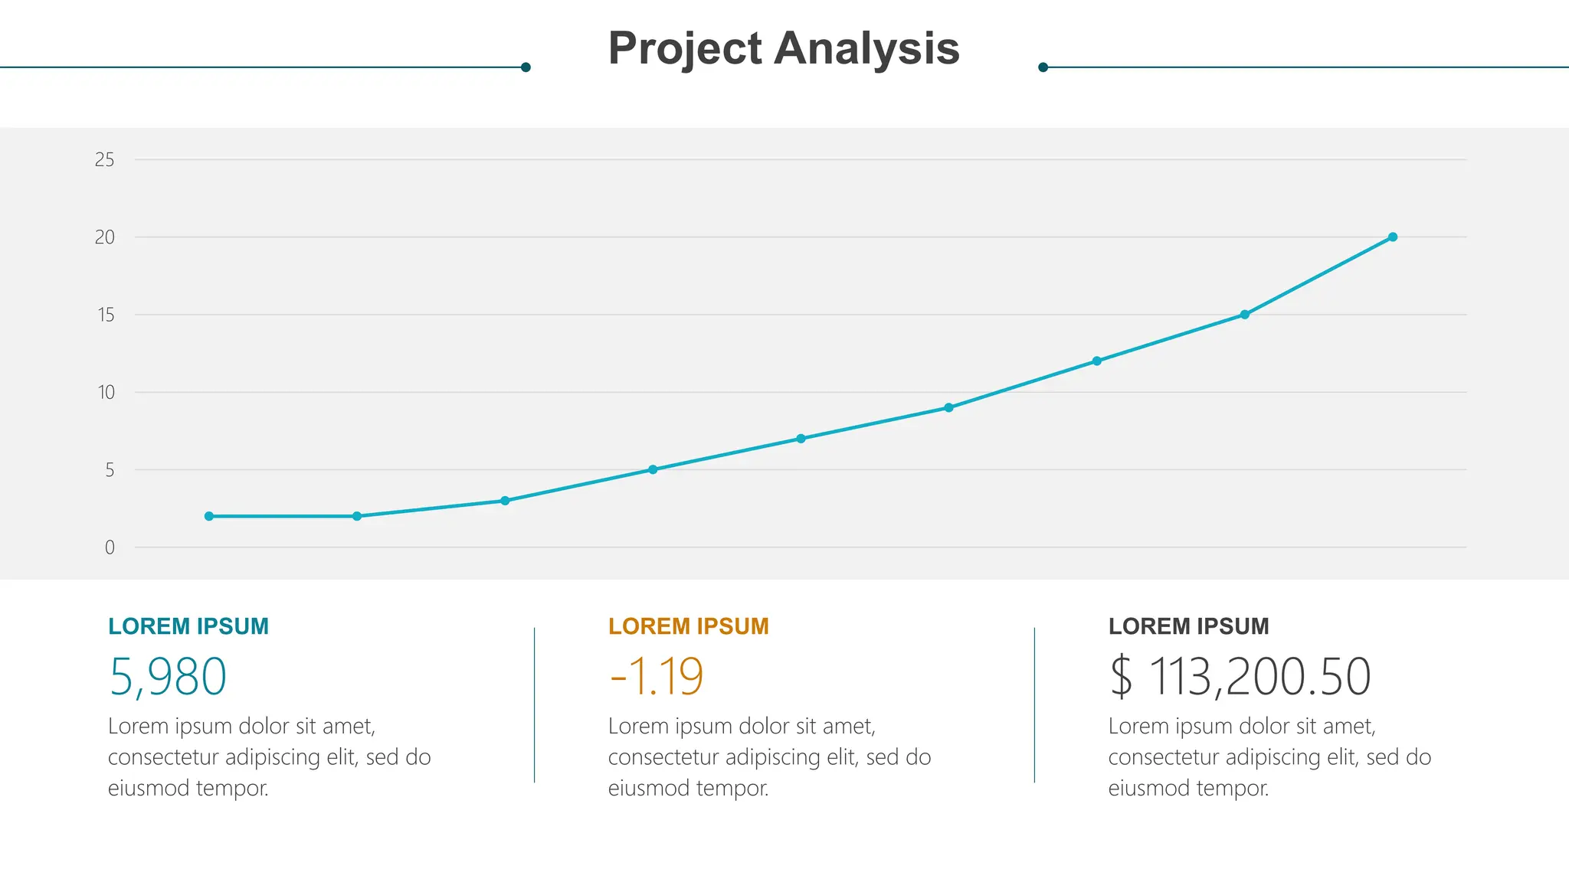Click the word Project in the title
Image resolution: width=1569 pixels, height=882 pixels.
pyautogui.click(x=685, y=49)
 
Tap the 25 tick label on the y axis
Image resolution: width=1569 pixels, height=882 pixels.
pyautogui.click(x=104, y=160)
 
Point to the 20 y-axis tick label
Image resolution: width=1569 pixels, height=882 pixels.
pyautogui.click(x=104, y=237)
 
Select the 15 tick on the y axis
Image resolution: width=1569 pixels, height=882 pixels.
pyautogui.click(x=106, y=315)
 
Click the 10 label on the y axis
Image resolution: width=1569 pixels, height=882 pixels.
pyautogui.click(x=106, y=393)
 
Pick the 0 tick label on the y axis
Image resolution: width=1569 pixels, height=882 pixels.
pyautogui.click(x=110, y=547)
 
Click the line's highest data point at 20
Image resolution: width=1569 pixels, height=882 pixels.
pyautogui.click(x=1393, y=237)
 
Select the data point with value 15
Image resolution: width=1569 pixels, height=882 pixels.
pyautogui.click(x=1244, y=315)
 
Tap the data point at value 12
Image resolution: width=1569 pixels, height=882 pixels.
pyautogui.click(x=1096, y=361)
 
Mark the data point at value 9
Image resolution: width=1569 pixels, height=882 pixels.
pyautogui.click(x=948, y=407)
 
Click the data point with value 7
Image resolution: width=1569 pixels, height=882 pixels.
pyautogui.click(x=801, y=439)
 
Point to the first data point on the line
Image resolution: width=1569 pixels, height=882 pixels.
pyautogui.click(x=208, y=516)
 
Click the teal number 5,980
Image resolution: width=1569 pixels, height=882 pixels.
pyautogui.click(x=168, y=677)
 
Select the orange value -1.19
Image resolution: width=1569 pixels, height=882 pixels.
pyautogui.click(x=656, y=677)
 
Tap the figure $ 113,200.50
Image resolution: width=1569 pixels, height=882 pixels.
pyautogui.click(x=1240, y=677)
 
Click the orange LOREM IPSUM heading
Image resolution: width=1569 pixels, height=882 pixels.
pyautogui.click(x=688, y=626)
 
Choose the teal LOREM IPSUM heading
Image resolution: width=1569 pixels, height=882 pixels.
pyautogui.click(x=188, y=626)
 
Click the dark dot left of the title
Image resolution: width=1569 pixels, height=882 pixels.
pyautogui.click(x=526, y=67)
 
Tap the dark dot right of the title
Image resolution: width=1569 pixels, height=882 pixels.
pyautogui.click(x=1043, y=67)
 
